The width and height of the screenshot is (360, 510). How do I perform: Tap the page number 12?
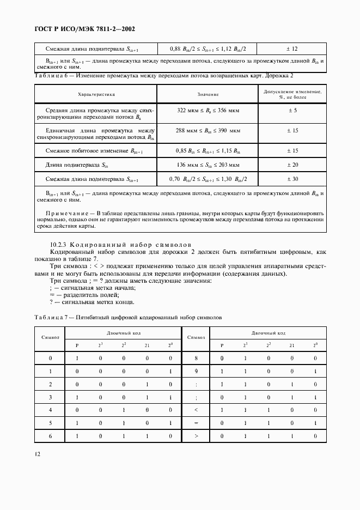[x=36, y=453]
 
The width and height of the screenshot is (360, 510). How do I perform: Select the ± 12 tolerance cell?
[x=292, y=48]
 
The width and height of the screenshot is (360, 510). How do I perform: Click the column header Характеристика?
[x=95, y=95]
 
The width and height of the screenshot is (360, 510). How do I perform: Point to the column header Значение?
[x=208, y=95]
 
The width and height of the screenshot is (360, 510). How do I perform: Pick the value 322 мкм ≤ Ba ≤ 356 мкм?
[x=208, y=111]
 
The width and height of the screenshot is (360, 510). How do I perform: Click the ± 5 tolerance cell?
[x=292, y=111]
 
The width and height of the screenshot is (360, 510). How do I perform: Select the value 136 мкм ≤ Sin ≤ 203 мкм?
[x=208, y=165]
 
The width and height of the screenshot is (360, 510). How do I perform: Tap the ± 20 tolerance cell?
[x=292, y=165]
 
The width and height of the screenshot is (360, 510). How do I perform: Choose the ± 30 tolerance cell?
[x=292, y=179]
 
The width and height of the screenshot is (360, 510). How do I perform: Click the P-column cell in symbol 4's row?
[x=77, y=409]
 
